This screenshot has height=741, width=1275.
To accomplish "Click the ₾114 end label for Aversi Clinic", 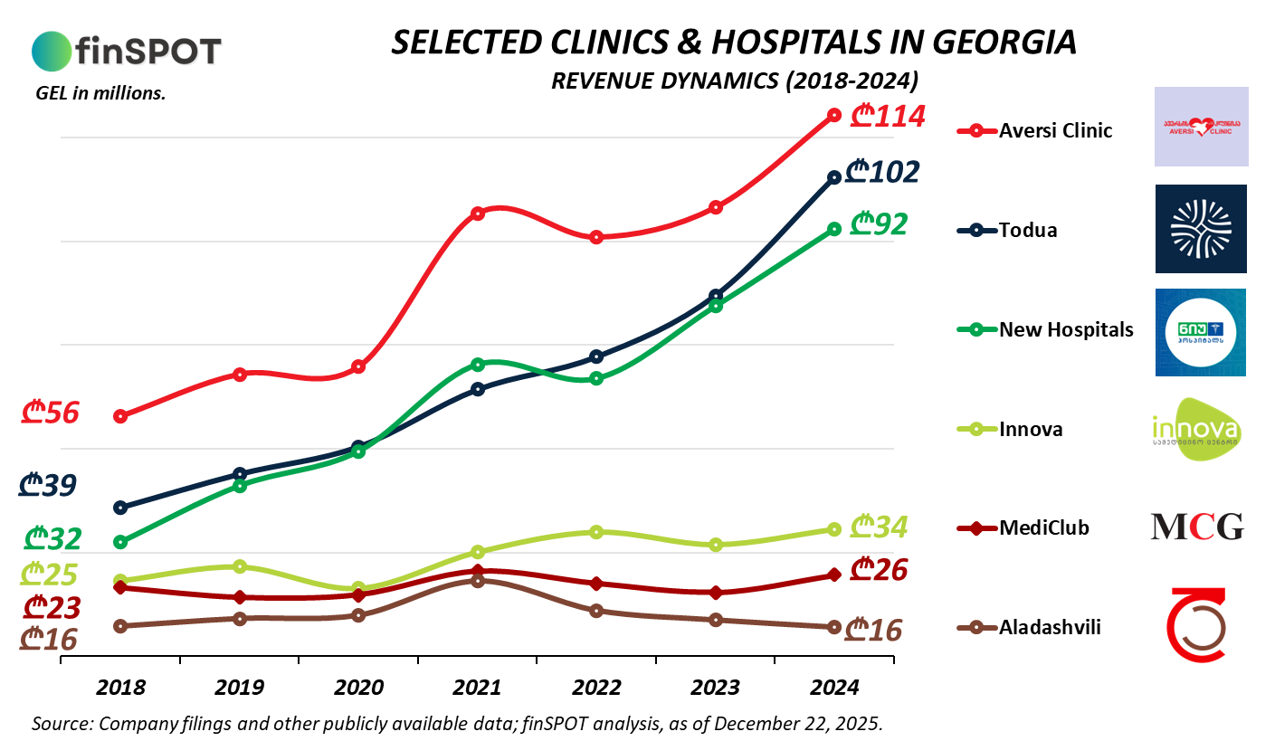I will pyautogui.click(x=890, y=117).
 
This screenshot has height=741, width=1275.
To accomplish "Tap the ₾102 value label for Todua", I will pyautogui.click(x=881, y=172).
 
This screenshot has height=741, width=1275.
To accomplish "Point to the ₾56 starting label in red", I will pyautogui.click(x=51, y=413).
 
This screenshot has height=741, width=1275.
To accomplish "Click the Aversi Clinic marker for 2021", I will pyautogui.click(x=478, y=214).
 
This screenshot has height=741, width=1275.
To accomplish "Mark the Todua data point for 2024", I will pyautogui.click(x=834, y=177).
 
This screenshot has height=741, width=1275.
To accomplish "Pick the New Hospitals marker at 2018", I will pyautogui.click(x=120, y=542).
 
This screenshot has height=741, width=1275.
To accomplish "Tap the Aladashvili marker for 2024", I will pyautogui.click(x=834, y=627).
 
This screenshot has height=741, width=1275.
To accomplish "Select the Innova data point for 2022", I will pyautogui.click(x=596, y=532).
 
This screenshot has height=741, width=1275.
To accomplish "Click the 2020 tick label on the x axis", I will pyautogui.click(x=358, y=688).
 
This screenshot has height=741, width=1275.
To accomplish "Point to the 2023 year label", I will pyautogui.click(x=715, y=688).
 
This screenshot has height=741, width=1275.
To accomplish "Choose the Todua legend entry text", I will pyautogui.click(x=1028, y=230).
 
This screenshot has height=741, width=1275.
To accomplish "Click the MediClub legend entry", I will pyautogui.click(x=1043, y=527).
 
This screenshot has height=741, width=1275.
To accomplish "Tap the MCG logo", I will pyautogui.click(x=1196, y=527).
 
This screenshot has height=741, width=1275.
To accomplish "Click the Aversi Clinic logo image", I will pyautogui.click(x=1201, y=127).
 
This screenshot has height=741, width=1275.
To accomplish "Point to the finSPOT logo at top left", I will pyautogui.click(x=127, y=51).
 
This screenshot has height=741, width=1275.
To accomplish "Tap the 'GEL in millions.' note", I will pyautogui.click(x=100, y=92).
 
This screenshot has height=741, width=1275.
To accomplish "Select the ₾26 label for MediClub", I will pyautogui.click(x=880, y=570).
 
